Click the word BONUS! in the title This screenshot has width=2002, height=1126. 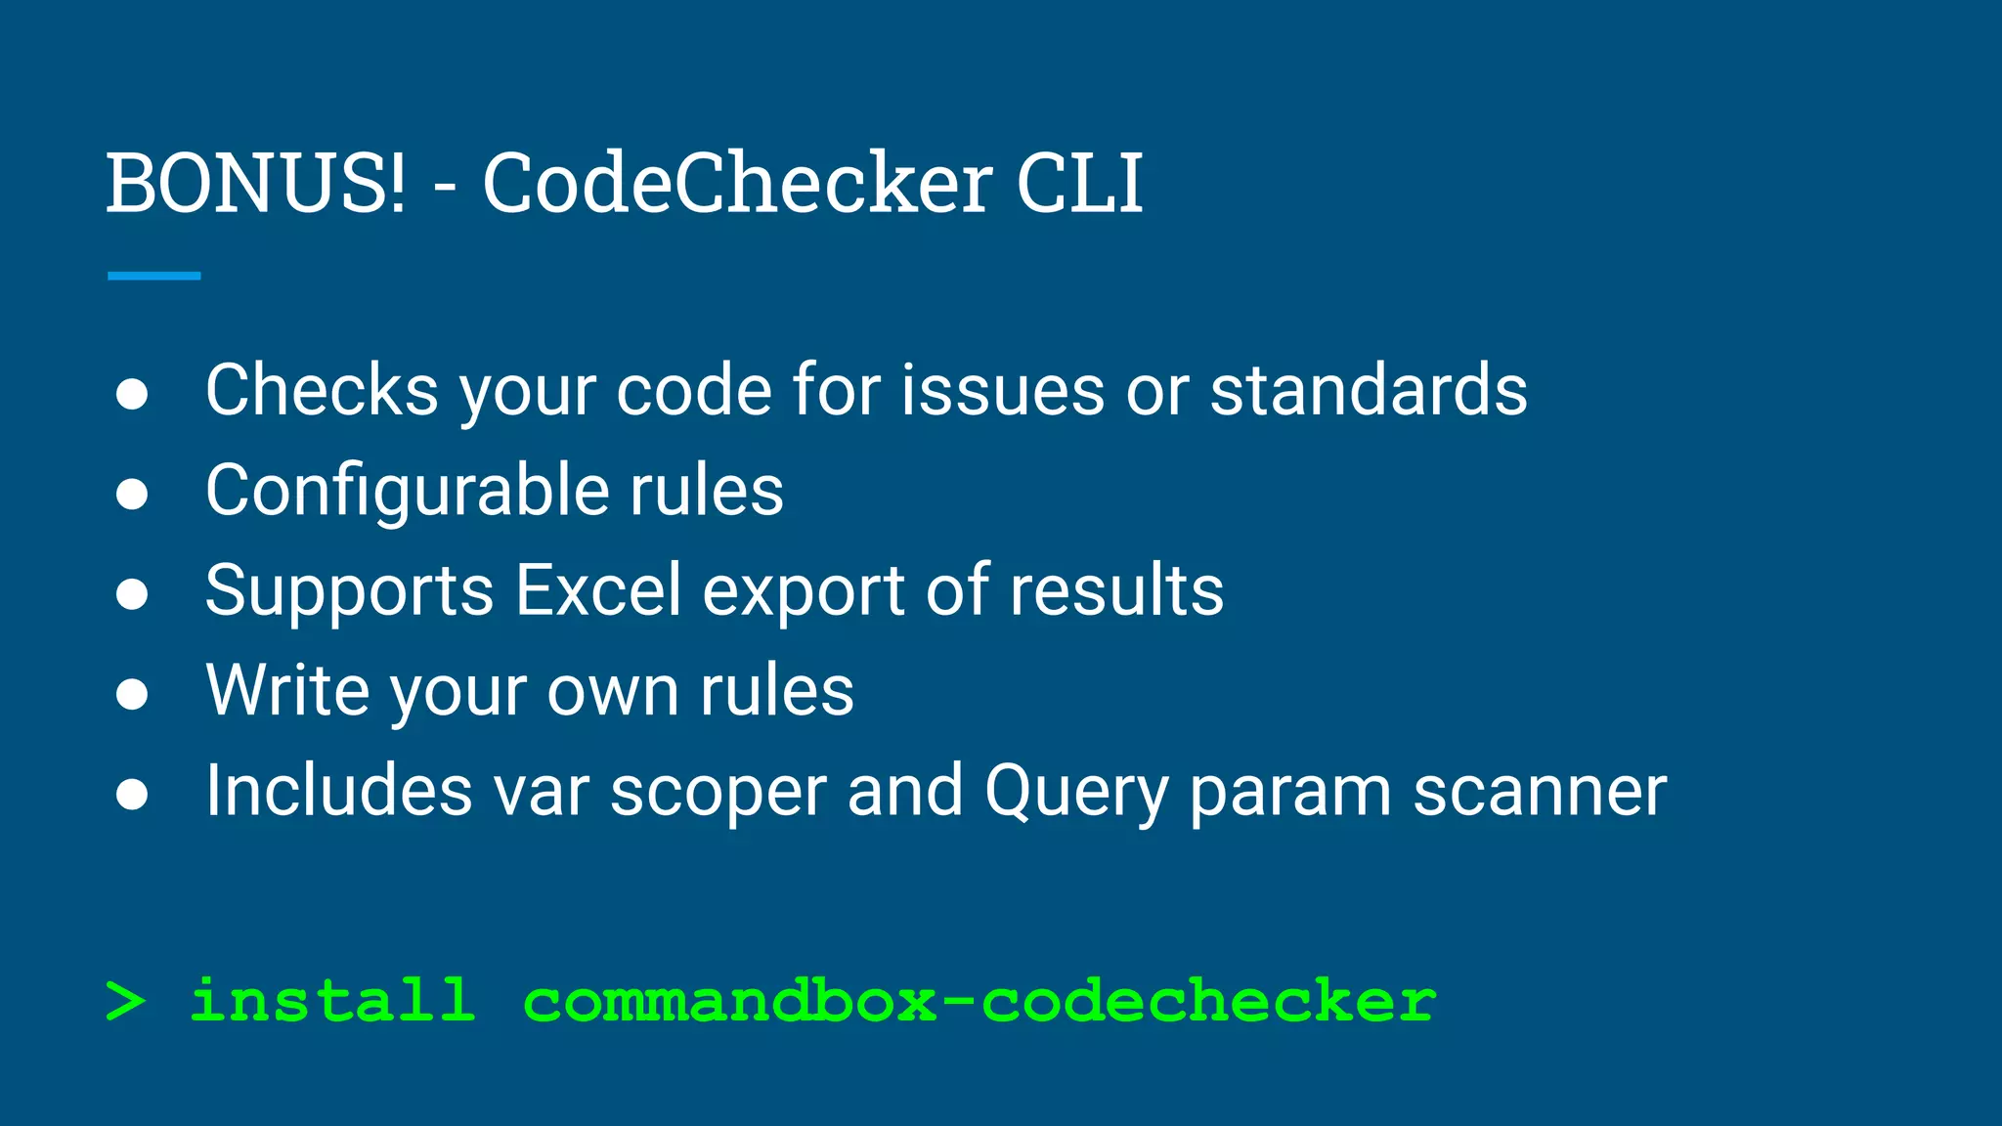255,183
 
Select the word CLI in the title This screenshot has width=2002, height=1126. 1079,183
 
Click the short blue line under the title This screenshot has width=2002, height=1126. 154,277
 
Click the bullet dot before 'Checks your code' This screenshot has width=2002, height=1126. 132,394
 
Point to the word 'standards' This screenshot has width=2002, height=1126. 1369,390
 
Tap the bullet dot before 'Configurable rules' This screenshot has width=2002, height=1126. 132,495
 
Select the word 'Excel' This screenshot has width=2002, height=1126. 597,590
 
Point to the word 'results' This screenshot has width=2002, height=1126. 1116,590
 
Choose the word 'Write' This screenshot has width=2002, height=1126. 287,690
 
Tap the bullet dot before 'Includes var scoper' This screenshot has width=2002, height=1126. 132,795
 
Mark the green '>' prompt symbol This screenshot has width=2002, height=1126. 125,1002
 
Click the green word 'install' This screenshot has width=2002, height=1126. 332,1000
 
